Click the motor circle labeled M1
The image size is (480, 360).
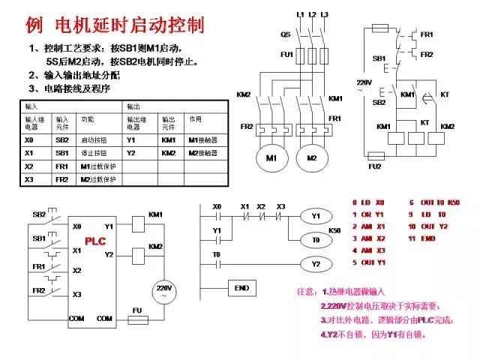(271, 158)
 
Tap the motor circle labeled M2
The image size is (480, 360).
(312, 158)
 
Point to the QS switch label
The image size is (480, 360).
(286, 34)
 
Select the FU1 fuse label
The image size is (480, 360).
(286, 55)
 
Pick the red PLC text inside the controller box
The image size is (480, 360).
(94, 241)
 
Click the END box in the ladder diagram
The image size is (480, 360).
(241, 288)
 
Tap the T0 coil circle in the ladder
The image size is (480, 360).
(315, 239)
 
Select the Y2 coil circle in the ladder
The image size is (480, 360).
(315, 264)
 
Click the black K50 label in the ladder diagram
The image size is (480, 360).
(335, 229)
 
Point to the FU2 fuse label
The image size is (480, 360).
(373, 166)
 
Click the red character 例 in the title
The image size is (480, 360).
(34, 25)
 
